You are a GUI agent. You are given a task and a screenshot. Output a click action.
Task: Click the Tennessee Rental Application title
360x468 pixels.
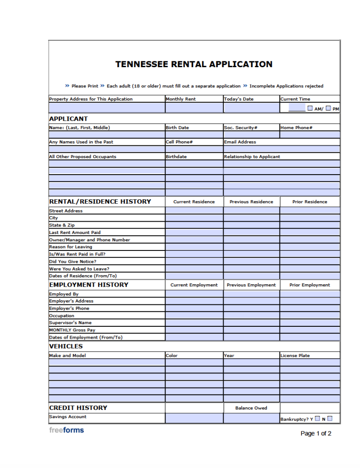tap(194, 64)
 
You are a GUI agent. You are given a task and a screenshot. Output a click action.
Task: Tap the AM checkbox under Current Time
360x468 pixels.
tap(310, 108)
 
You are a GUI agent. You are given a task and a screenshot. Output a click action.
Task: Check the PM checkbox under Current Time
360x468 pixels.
tap(328, 108)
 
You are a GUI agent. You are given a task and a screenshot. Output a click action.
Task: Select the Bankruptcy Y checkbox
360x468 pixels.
tap(317, 418)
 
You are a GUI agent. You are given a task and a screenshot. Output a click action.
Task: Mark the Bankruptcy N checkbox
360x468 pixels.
tap(330, 418)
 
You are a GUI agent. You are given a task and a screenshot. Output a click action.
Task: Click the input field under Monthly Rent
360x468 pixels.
tap(194, 108)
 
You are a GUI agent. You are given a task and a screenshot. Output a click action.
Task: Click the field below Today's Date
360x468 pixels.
tap(251, 108)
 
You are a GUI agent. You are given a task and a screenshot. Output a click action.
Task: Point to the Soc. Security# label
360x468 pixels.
tap(241, 128)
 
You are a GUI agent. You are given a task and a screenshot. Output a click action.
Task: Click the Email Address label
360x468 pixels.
tap(240, 142)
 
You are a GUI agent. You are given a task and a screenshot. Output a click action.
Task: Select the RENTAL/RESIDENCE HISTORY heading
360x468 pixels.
tap(100, 202)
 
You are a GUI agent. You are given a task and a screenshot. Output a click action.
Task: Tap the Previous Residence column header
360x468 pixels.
tap(251, 202)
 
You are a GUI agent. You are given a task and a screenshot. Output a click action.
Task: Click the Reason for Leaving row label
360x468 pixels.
tap(70, 247)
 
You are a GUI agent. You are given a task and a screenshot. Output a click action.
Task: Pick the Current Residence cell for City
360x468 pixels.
tap(194, 218)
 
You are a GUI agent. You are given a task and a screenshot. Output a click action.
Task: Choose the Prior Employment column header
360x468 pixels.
tap(310, 285)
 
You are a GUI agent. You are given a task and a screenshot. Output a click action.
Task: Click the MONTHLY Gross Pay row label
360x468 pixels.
tap(72, 330)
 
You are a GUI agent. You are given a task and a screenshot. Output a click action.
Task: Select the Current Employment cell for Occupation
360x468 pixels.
tap(194, 316)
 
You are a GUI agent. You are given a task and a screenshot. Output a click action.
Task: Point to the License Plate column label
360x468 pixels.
tap(295, 356)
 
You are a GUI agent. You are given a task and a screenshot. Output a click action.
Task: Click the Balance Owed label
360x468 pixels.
tap(251, 408)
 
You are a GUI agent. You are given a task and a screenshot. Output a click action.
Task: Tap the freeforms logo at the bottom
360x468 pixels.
tap(66, 430)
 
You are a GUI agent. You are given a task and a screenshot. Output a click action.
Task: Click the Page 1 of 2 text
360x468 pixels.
tap(316, 433)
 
